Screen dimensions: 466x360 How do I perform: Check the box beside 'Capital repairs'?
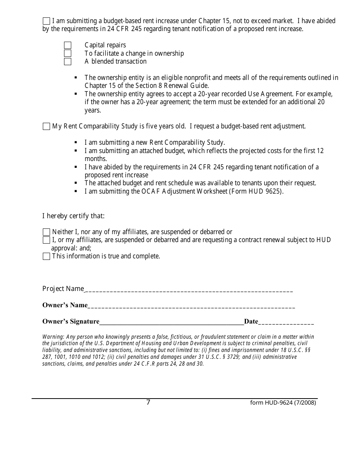pyautogui.click(x=67, y=45)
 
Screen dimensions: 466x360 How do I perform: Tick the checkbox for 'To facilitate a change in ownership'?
pyautogui.click(x=67, y=53)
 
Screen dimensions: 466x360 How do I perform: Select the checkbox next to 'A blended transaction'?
pyautogui.click(x=67, y=61)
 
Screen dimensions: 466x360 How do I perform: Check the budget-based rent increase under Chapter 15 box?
pyautogui.click(x=46, y=21)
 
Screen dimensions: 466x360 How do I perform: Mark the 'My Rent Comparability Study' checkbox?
pyautogui.click(x=46, y=127)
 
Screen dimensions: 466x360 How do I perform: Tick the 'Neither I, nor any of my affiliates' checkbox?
pyautogui.click(x=46, y=232)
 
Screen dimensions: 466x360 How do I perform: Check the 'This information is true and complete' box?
pyautogui.click(x=46, y=256)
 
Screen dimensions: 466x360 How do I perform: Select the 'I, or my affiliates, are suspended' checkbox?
pyautogui.click(x=46, y=240)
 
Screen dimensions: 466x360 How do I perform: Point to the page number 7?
pyautogui.click(x=148, y=402)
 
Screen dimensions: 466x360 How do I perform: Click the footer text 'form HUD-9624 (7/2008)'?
pyautogui.click(x=283, y=403)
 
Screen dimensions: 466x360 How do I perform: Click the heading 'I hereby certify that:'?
pyautogui.click(x=73, y=216)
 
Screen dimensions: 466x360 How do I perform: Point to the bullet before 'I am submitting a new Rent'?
pyautogui.click(x=76, y=143)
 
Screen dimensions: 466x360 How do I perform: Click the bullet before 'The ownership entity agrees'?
pyautogui.click(x=76, y=94)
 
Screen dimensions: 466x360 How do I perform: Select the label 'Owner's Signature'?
pyautogui.click(x=71, y=322)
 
